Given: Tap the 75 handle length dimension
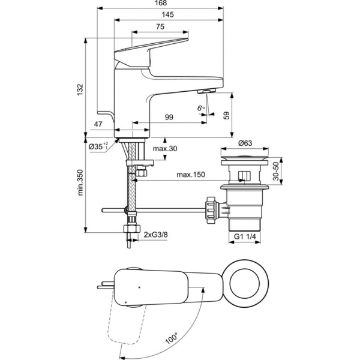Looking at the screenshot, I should coord(161,27).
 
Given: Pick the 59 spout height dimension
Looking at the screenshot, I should coord(227,116).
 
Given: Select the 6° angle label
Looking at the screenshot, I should coord(200,108).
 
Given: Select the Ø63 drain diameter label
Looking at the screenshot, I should coord(245,143).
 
